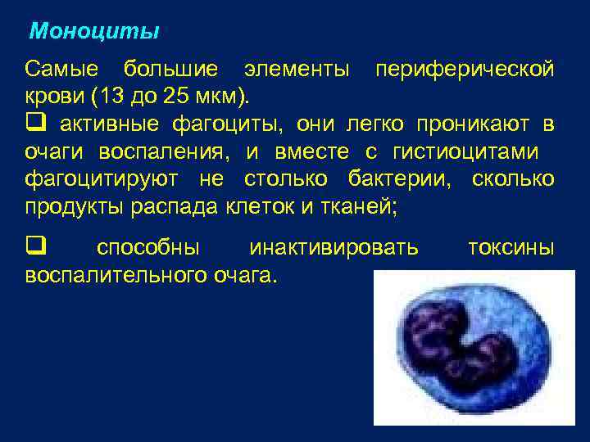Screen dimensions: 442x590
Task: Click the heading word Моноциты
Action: click(x=94, y=33)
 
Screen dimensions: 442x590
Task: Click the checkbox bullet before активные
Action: click(x=34, y=124)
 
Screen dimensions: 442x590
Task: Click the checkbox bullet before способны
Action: click(x=34, y=247)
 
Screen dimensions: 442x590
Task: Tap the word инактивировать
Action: click(x=334, y=247)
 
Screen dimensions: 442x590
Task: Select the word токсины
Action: click(x=510, y=247)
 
